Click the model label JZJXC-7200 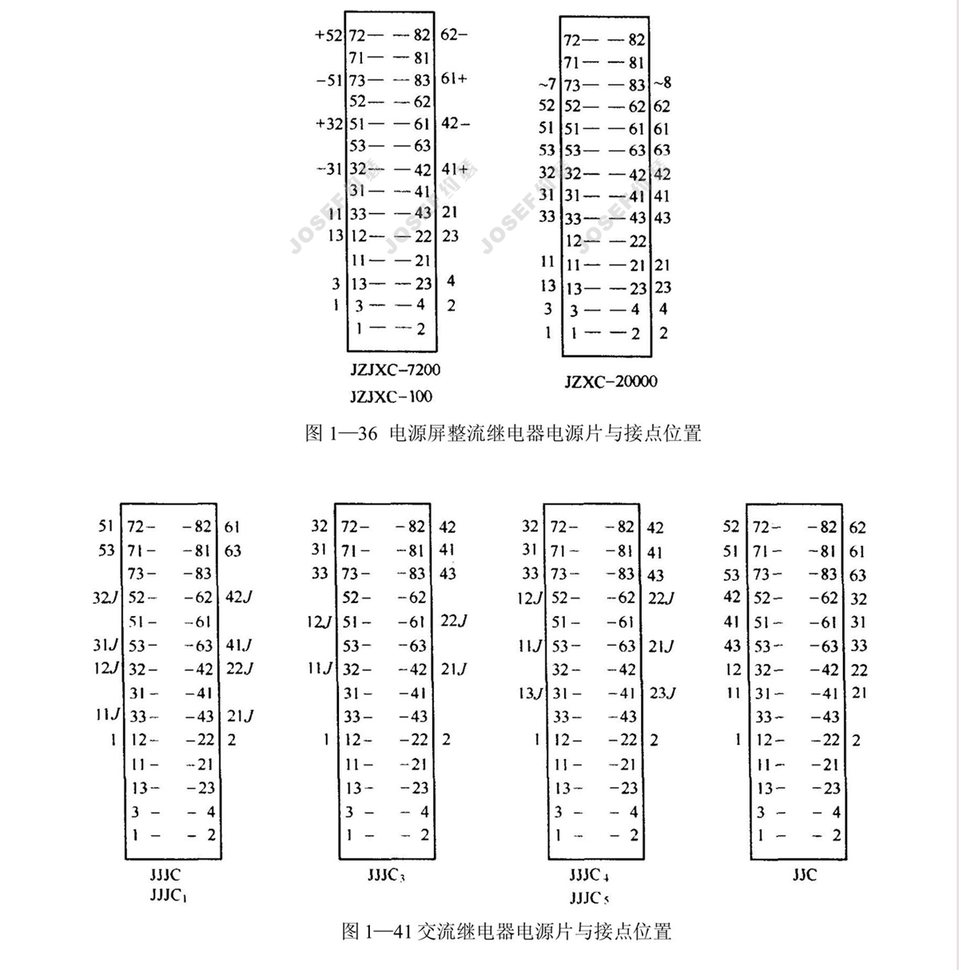point(395,370)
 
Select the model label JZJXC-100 point(391,396)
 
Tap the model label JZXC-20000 point(611,381)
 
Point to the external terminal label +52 point(328,35)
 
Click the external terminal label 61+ point(454,78)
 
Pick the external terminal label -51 point(328,80)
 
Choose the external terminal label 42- point(455,123)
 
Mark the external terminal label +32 point(328,124)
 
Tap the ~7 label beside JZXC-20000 point(547,84)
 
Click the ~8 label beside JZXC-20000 point(663,82)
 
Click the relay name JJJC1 point(168,896)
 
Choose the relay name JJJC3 point(386,875)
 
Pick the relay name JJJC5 point(589,897)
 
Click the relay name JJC point(804,875)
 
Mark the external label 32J point(105,597)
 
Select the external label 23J point(662,693)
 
